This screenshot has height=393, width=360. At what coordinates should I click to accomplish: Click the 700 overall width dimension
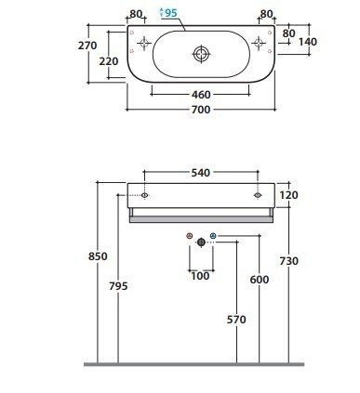click(201, 110)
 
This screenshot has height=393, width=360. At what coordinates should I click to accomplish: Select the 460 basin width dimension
click(201, 95)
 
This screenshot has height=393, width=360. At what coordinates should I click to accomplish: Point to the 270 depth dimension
click(87, 46)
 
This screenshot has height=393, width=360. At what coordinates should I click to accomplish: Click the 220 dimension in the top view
click(109, 61)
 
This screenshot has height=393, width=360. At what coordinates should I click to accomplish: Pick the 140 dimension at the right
click(308, 42)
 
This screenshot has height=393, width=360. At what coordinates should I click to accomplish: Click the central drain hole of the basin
click(202, 54)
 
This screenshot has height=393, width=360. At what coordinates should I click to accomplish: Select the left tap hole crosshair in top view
click(144, 43)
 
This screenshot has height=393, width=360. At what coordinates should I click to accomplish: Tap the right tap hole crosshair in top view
click(259, 43)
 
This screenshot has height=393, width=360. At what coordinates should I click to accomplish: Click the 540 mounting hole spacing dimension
click(201, 173)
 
